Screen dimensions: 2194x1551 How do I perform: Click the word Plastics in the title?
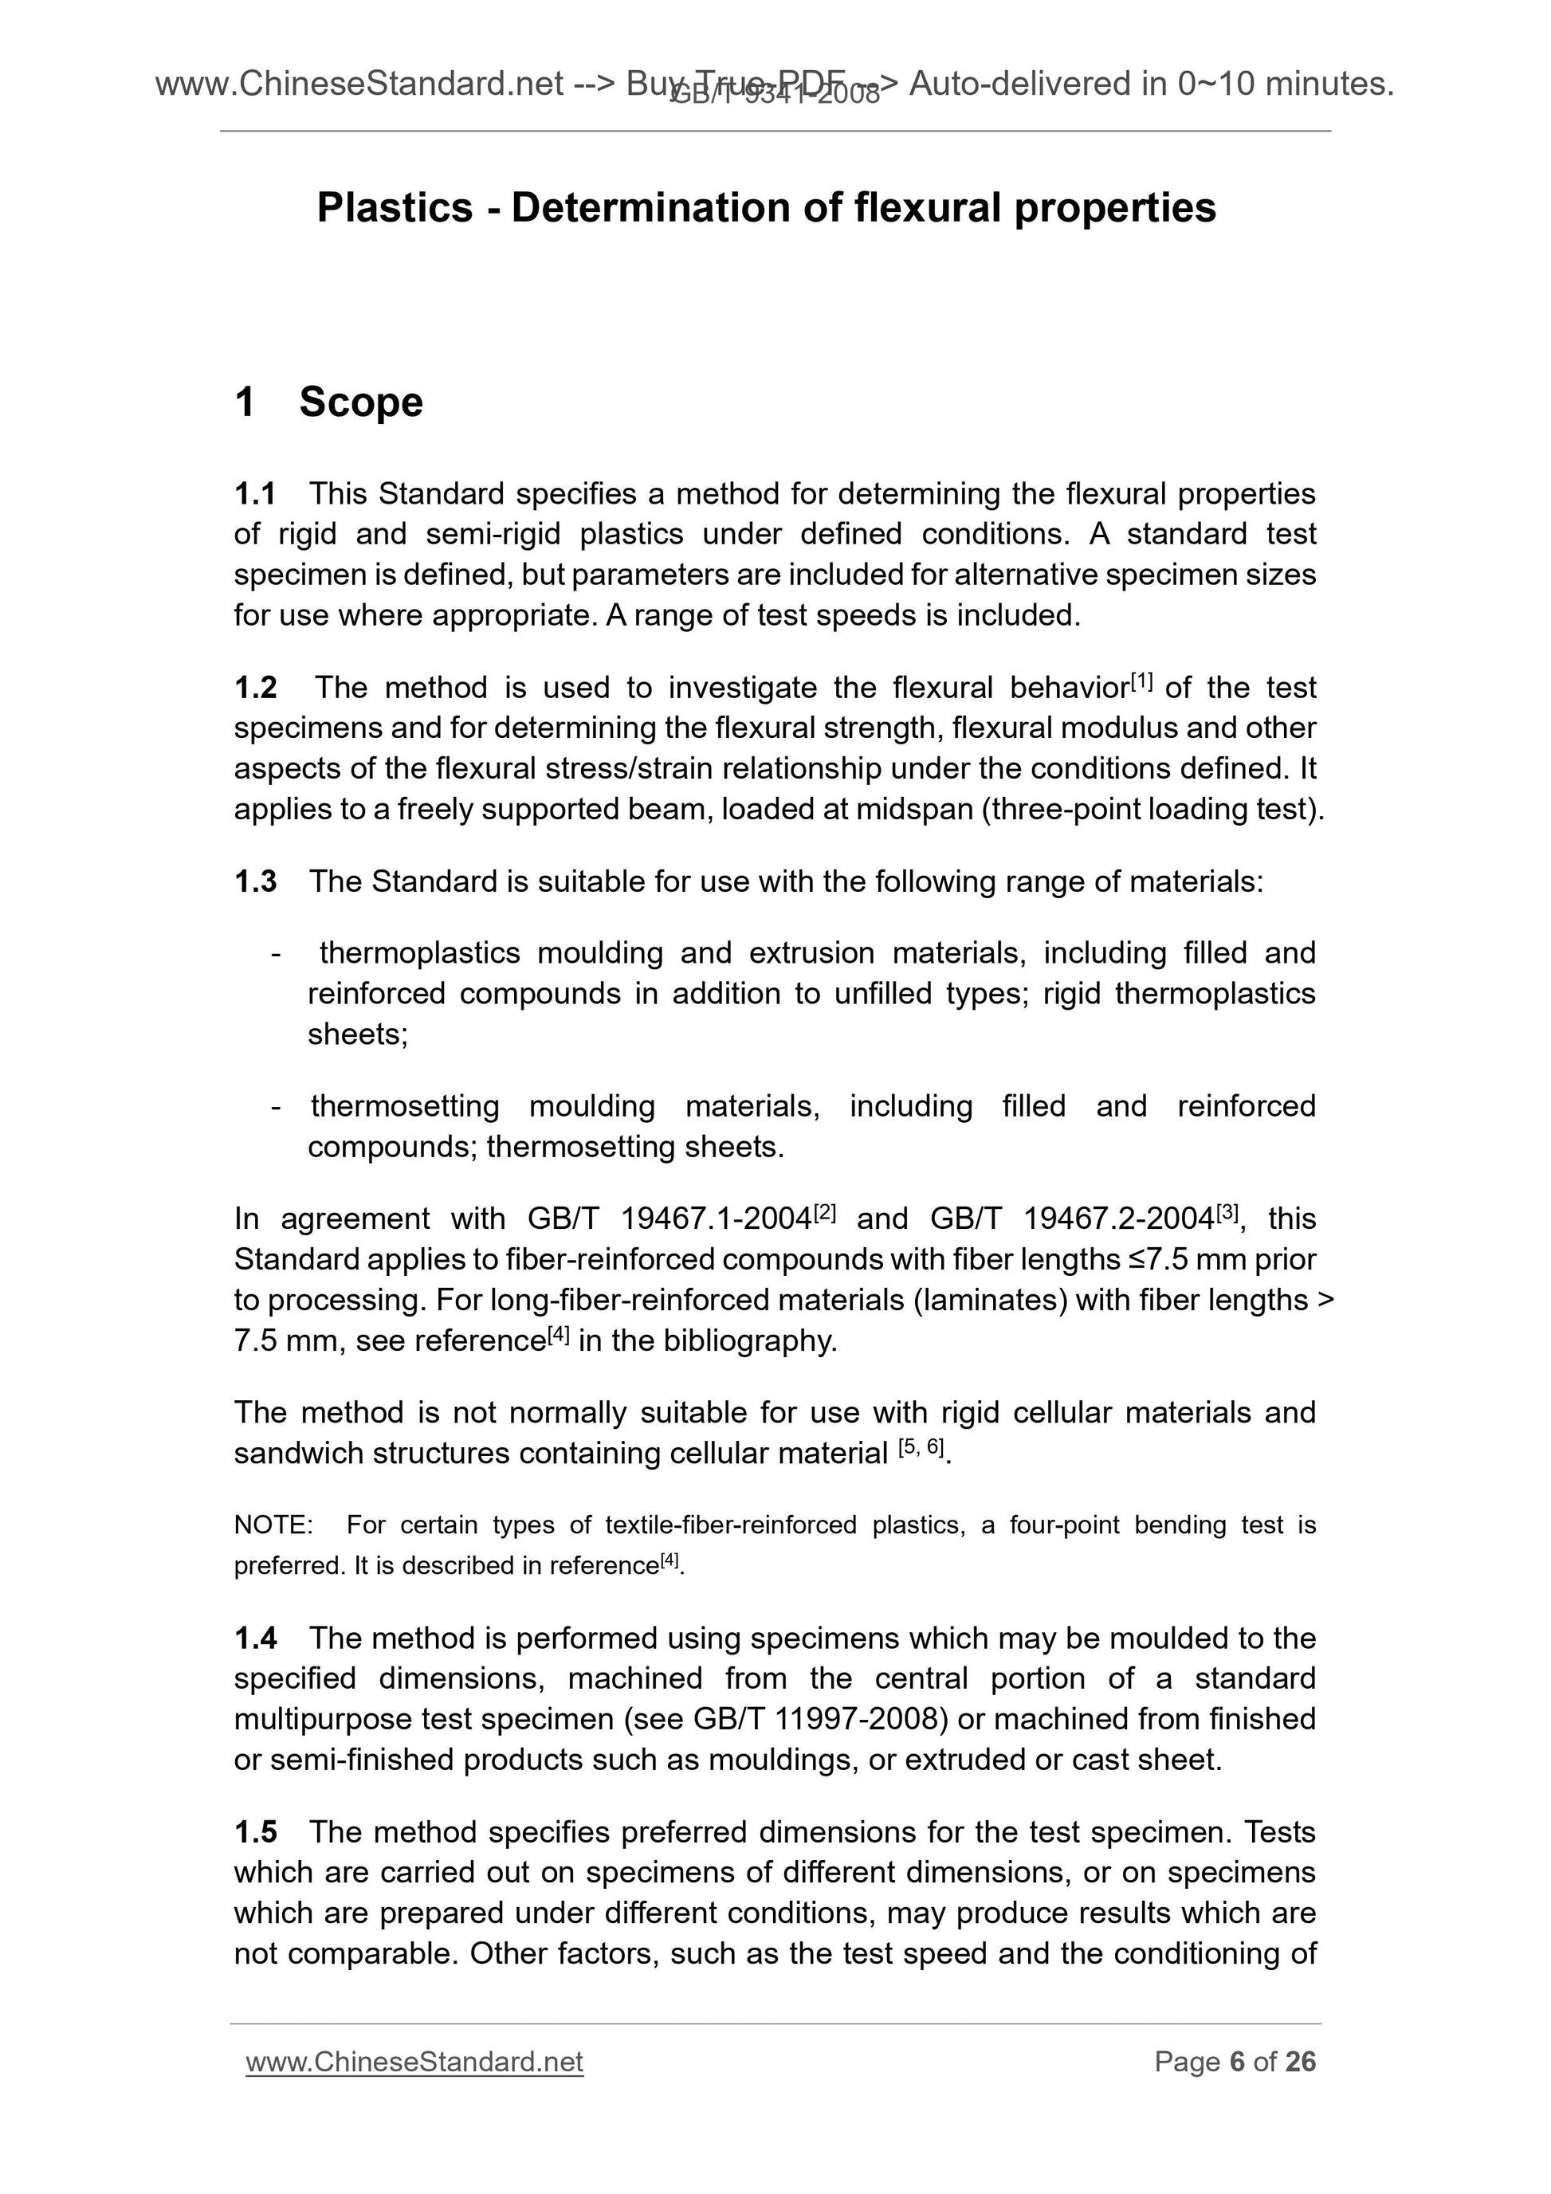click(x=395, y=208)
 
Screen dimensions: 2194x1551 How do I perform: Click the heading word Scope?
click(x=360, y=402)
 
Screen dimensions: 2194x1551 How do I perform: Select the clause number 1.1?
click(x=255, y=494)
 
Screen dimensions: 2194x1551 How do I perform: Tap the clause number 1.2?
click(x=255, y=688)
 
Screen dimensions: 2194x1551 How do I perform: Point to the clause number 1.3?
click(x=255, y=882)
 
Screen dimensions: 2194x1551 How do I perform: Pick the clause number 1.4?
click(x=255, y=1639)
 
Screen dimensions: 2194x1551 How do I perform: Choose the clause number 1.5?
click(x=255, y=1833)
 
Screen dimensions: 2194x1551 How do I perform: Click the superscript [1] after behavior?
click(x=1142, y=681)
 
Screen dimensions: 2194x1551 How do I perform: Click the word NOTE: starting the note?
click(x=273, y=1525)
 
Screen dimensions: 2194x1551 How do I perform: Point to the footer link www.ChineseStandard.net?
click(x=414, y=2063)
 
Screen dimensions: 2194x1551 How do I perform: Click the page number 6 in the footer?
click(x=1238, y=2063)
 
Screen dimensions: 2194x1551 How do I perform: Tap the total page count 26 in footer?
click(x=1301, y=2063)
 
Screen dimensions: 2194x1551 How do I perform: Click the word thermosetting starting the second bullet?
click(x=404, y=1106)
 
